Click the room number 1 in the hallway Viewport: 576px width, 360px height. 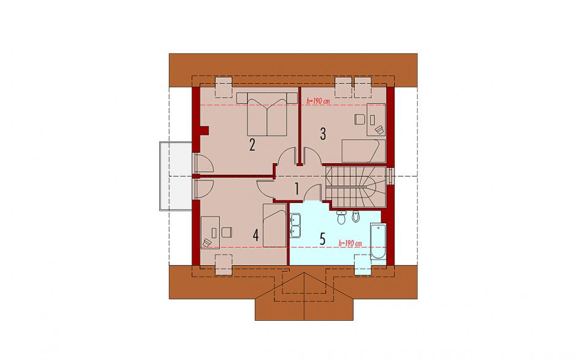(297, 189)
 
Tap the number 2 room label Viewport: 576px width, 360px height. (252, 145)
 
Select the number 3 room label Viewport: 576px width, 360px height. (323, 134)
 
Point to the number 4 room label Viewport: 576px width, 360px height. (256, 236)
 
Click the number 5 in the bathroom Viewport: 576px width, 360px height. (322, 239)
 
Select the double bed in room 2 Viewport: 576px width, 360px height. (267, 114)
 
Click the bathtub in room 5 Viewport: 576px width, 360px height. (378, 241)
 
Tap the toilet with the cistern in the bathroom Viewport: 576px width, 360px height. (341, 217)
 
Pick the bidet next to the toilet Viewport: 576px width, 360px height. (355, 217)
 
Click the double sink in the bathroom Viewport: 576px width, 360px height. (295, 225)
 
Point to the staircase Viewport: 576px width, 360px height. (356, 187)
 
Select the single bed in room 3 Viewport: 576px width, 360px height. (363, 151)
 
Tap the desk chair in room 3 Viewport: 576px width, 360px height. (359, 119)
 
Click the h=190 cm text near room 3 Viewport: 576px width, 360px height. (318, 101)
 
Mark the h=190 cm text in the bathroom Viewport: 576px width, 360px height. (350, 243)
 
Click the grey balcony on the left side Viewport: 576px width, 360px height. (176, 176)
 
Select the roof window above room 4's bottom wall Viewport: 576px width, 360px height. (223, 264)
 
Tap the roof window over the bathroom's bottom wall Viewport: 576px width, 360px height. (363, 264)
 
